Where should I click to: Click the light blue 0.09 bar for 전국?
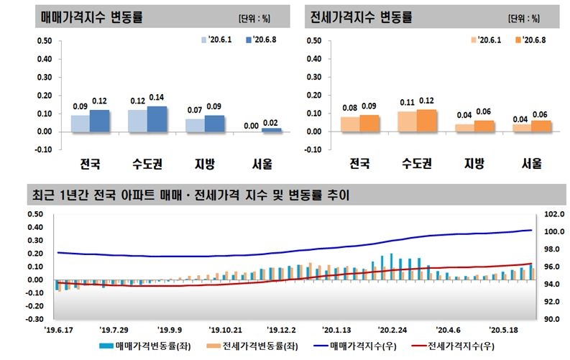click(x=80, y=124)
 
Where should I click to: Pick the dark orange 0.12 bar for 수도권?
click(x=426, y=121)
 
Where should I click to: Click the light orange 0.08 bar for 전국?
click(x=349, y=124)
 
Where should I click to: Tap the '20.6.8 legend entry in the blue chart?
click(x=262, y=40)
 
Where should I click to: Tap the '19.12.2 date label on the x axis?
click(x=280, y=330)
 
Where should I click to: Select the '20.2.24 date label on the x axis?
click(x=392, y=330)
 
